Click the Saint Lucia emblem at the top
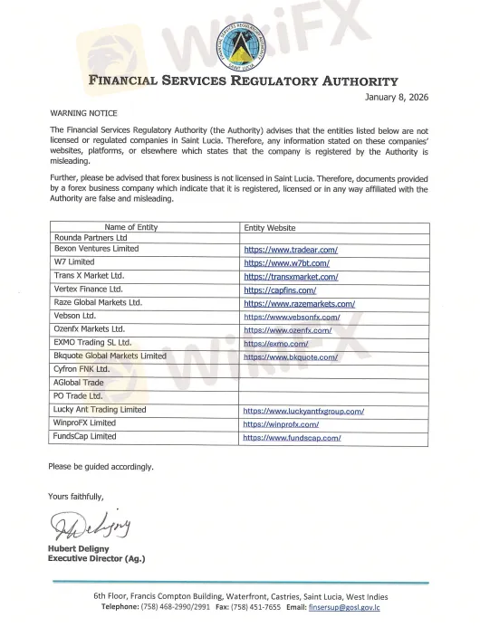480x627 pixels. pyautogui.click(x=242, y=42)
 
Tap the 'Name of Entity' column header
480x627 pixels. pyautogui.click(x=130, y=227)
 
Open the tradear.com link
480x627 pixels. pyautogui.click(x=291, y=249)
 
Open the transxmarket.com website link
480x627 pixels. pyautogui.click(x=291, y=277)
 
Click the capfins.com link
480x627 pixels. pyautogui.click(x=279, y=290)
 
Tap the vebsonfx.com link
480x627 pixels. pyautogui.click(x=291, y=318)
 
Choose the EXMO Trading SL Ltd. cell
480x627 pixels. pyautogui.click(x=93, y=343)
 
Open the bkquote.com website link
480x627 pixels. pyautogui.click(x=290, y=357)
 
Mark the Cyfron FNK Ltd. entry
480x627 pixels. pyautogui.click(x=82, y=370)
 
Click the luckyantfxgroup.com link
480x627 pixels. pyautogui.click(x=303, y=411)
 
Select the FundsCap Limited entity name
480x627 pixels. pyautogui.click(x=85, y=436)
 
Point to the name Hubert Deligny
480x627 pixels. pyautogui.click(x=82, y=549)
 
